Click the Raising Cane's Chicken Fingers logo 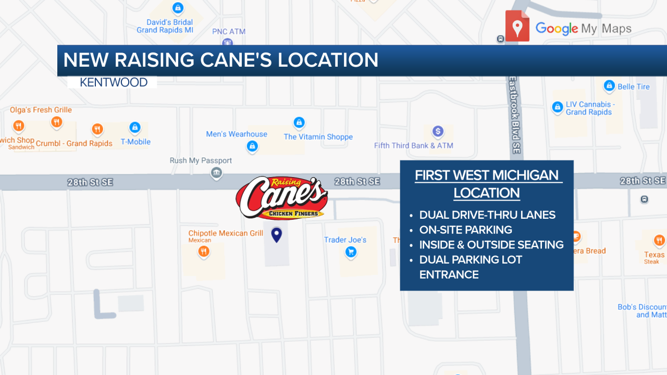coord(281,198)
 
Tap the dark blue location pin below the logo coord(277,235)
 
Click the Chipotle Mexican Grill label coord(226,233)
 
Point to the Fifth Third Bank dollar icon coord(438,131)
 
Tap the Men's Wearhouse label coord(237,134)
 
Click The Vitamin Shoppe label coord(318,137)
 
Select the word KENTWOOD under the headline coord(114,82)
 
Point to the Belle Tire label coord(634,86)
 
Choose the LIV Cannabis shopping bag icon coord(557,107)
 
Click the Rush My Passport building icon coord(216,173)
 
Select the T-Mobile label coord(135,142)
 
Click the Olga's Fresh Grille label coord(41,110)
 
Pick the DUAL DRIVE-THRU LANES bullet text coord(487,215)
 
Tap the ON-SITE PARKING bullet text coord(465,230)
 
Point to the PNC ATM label coord(229,32)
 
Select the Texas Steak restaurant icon coord(659,241)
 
